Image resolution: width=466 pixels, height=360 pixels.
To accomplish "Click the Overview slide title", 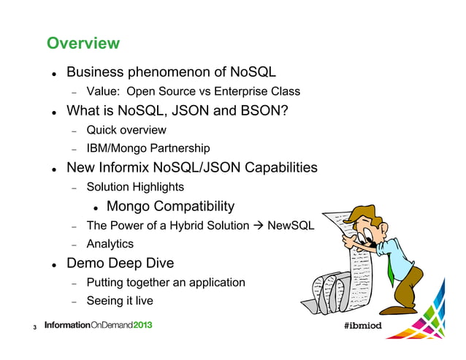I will coord(83,44).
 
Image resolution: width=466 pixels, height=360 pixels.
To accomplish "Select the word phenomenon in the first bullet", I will coord(179,73).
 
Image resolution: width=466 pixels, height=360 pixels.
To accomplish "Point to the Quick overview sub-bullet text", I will coord(126,131).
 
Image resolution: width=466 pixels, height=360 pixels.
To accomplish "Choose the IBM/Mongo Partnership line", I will coord(148,149).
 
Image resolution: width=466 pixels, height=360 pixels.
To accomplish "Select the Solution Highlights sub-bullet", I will coord(135,188).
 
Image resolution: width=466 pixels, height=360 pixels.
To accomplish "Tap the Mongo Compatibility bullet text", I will coord(170,207).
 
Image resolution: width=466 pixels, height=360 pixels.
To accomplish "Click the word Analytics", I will coord(110,244).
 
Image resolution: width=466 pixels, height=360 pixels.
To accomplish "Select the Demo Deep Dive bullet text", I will coord(121,264).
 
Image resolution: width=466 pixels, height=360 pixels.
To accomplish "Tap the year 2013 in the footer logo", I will coord(138,325).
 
